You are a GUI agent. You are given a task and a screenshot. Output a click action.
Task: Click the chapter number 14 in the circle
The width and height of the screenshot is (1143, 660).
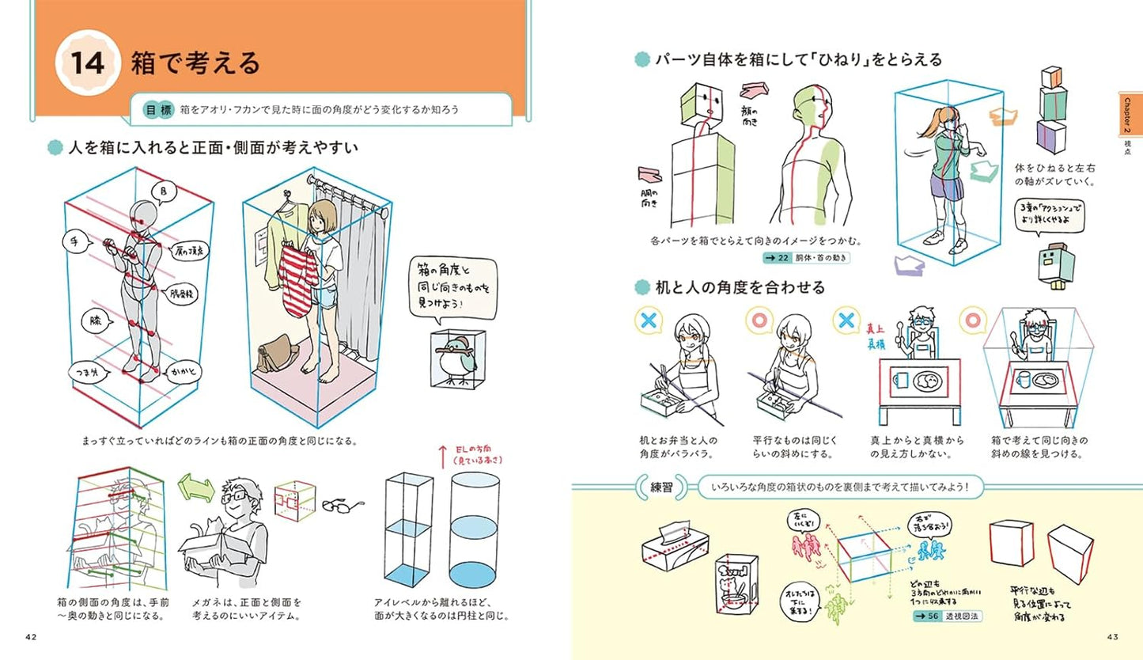87,64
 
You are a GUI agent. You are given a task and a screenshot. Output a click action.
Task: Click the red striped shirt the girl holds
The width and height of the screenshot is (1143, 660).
300,277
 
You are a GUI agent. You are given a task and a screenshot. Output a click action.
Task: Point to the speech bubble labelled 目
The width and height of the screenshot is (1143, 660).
165,192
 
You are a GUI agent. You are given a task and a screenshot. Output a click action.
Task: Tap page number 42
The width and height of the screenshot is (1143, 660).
32,638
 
